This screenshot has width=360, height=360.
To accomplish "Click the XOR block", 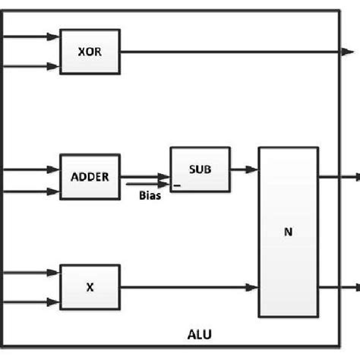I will coord(90,52).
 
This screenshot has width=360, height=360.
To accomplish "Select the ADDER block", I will coord(90,177).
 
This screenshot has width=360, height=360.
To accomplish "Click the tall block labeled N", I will coord(289,232).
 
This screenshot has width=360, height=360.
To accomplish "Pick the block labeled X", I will coord(90,287).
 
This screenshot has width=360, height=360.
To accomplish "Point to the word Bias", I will coord(149,196).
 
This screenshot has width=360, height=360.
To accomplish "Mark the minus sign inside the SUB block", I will coord(177,185).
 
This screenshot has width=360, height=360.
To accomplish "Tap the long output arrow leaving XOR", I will coord(228,52).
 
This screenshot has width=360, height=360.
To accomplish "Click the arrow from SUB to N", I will coord(243,169).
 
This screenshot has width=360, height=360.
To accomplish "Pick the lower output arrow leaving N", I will coord(338,287).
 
